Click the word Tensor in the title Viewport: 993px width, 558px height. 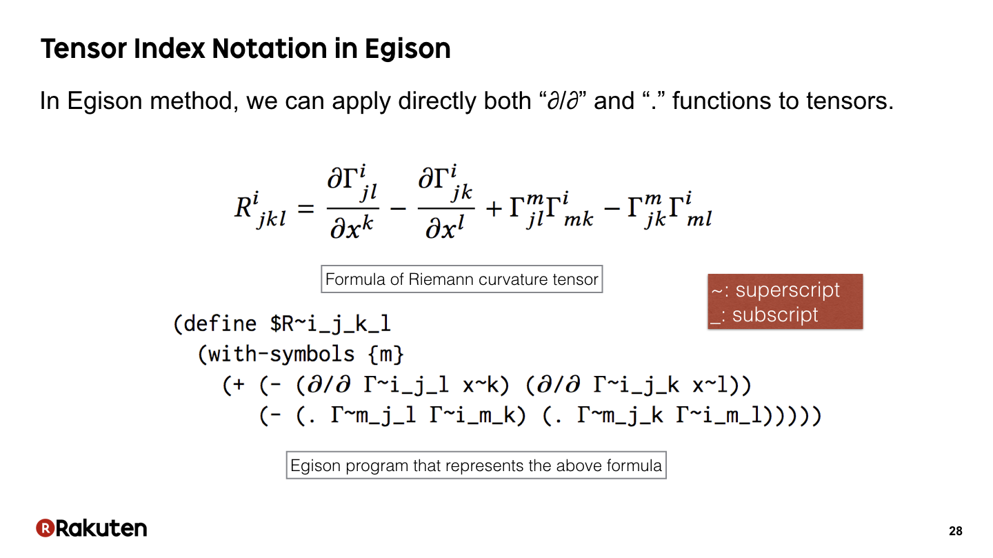(x=84, y=48)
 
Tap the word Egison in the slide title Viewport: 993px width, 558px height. (x=408, y=49)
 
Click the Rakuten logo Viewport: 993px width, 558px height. (x=91, y=528)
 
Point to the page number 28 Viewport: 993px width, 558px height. (x=955, y=531)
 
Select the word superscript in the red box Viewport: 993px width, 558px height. (x=788, y=290)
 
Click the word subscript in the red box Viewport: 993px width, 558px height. (x=775, y=315)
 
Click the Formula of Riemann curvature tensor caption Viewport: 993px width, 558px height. (x=461, y=279)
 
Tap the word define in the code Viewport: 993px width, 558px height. (x=220, y=323)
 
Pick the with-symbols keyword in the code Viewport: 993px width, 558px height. (x=281, y=354)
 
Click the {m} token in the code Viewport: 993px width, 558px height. (x=386, y=355)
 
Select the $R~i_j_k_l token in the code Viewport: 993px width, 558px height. (x=331, y=324)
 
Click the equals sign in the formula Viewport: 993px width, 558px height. (x=306, y=208)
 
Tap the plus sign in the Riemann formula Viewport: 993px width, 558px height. (x=494, y=208)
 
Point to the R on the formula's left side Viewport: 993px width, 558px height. (x=243, y=208)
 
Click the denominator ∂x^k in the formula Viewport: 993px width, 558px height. (x=352, y=228)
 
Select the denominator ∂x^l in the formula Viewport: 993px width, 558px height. (x=445, y=228)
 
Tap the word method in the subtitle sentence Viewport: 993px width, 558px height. (x=190, y=101)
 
